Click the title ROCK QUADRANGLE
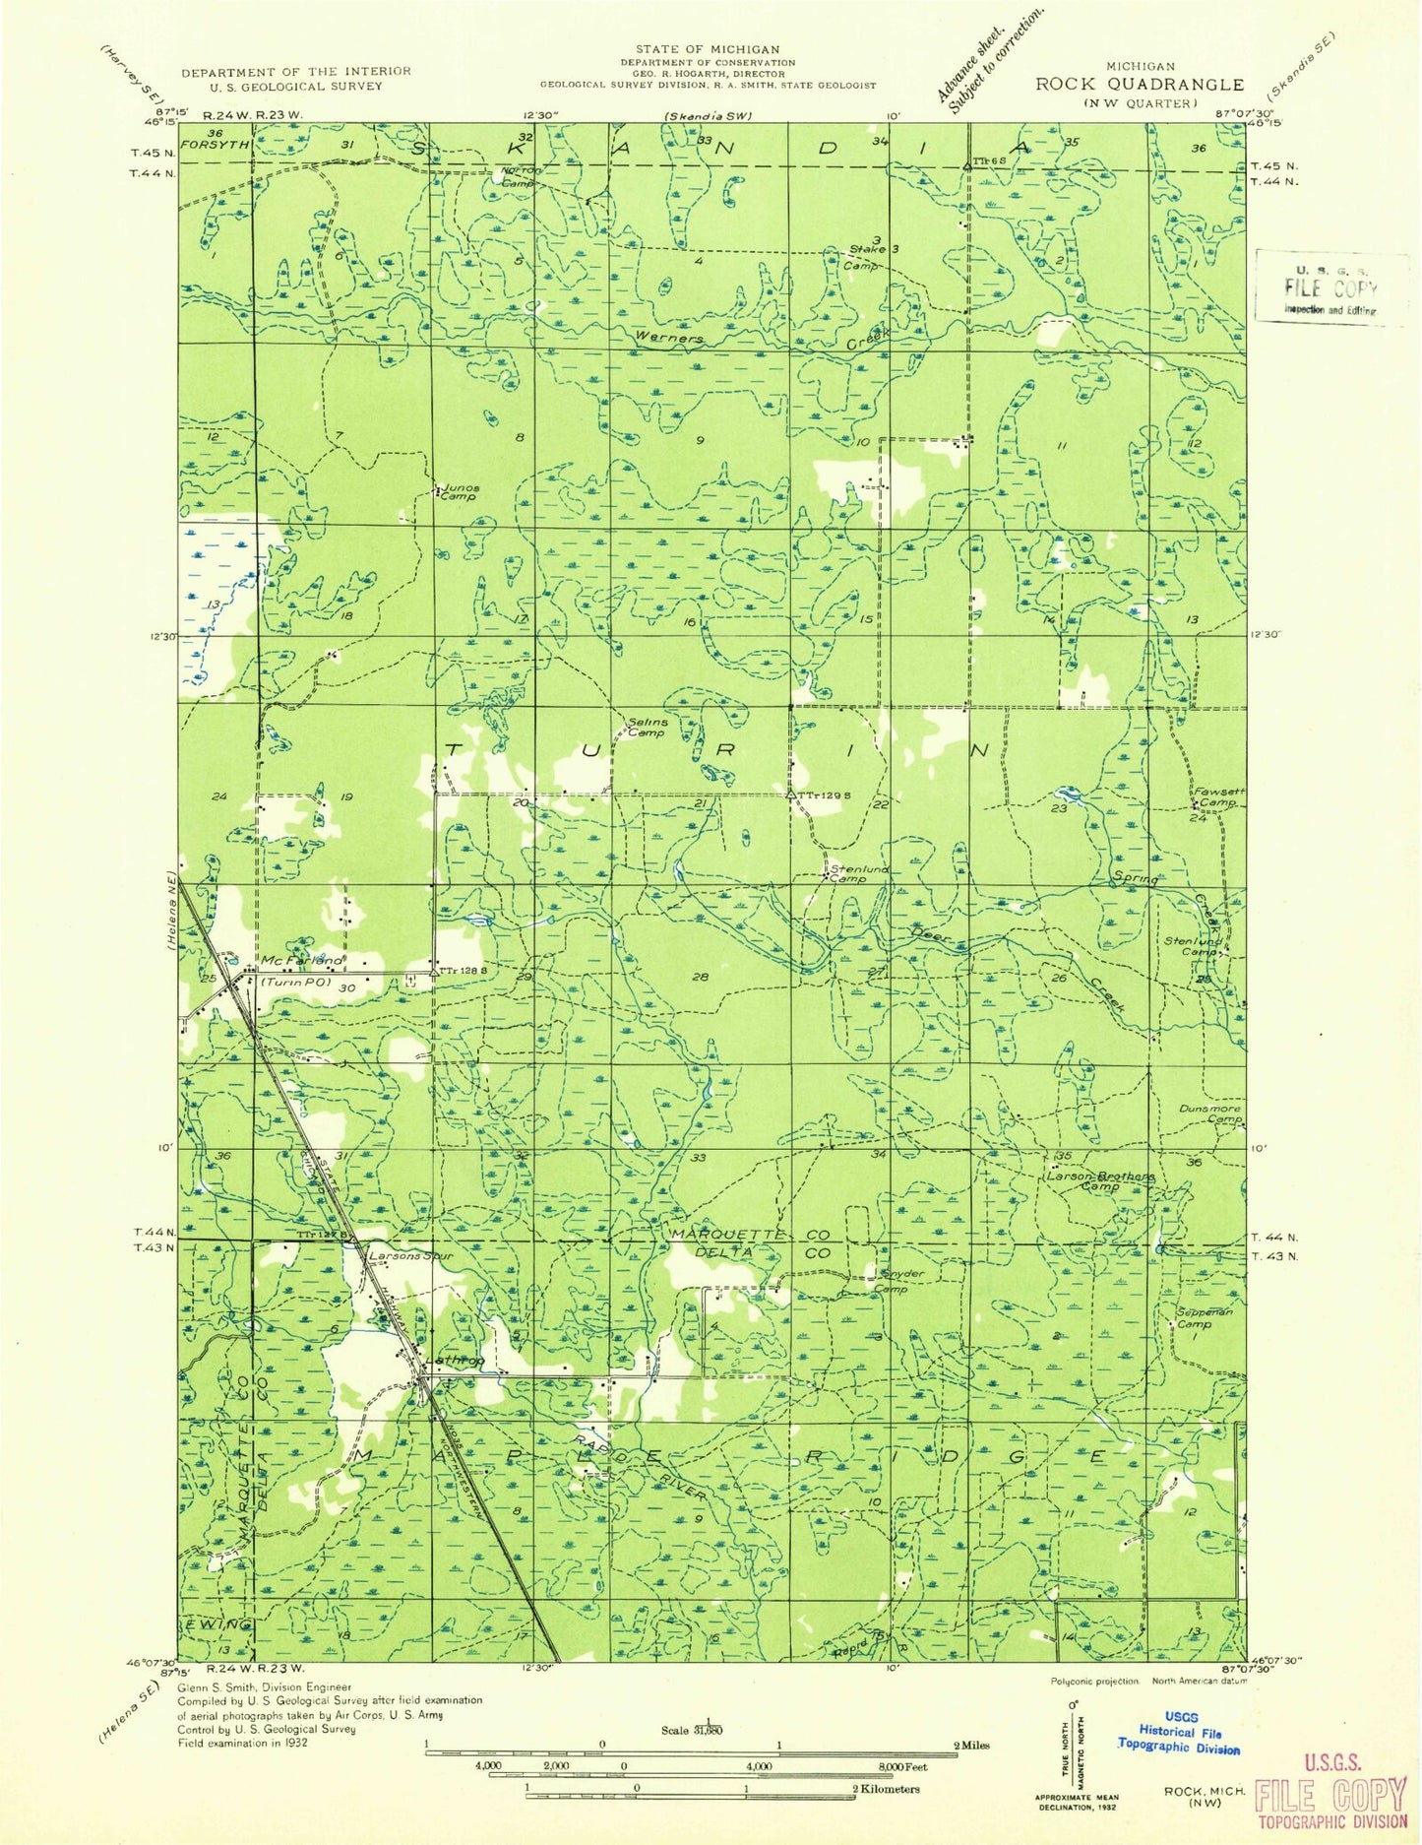point(1139,85)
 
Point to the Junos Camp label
point(459,491)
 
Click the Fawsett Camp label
point(1215,795)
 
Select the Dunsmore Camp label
point(1210,1113)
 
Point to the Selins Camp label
point(648,727)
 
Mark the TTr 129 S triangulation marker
point(790,793)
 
